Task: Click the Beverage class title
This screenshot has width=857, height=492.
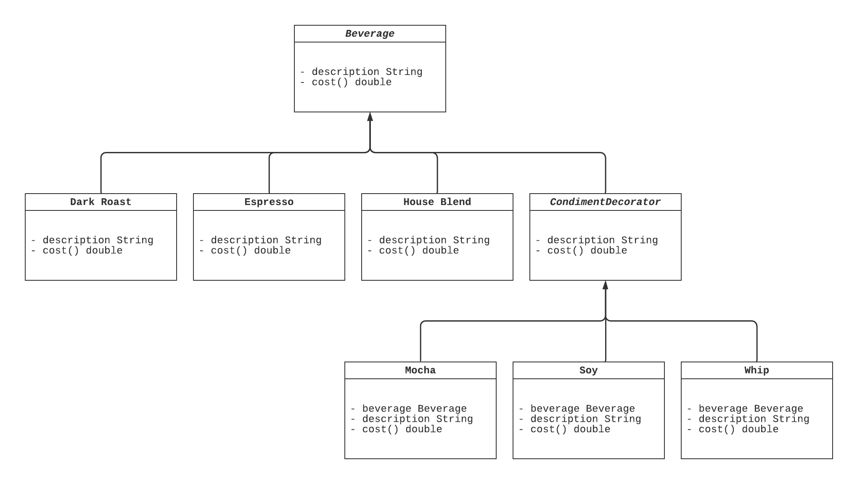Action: point(370,34)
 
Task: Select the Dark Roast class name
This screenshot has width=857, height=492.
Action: point(101,202)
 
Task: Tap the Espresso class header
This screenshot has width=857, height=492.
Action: point(269,202)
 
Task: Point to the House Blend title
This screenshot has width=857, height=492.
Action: point(437,202)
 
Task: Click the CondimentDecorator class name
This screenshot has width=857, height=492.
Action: point(605,202)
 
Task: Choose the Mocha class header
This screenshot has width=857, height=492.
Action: point(420,370)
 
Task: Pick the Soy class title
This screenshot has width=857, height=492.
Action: point(588,370)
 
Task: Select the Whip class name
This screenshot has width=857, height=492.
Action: point(756,370)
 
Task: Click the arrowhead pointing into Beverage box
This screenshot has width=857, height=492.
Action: point(370,117)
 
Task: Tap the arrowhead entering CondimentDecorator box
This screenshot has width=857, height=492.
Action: point(606,285)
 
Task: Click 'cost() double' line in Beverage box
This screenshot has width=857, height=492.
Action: point(352,82)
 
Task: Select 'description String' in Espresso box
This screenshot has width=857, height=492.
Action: point(266,240)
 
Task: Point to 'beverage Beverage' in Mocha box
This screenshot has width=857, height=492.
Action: point(414,409)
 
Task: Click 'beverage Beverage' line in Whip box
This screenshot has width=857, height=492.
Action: point(751,409)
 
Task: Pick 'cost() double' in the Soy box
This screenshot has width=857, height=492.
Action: point(570,429)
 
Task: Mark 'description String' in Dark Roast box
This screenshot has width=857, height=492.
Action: point(98,240)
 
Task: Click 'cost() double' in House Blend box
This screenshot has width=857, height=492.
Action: point(419,251)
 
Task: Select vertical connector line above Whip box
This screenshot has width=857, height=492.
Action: point(757,343)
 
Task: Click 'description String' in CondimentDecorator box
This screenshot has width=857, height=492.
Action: point(602,240)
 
